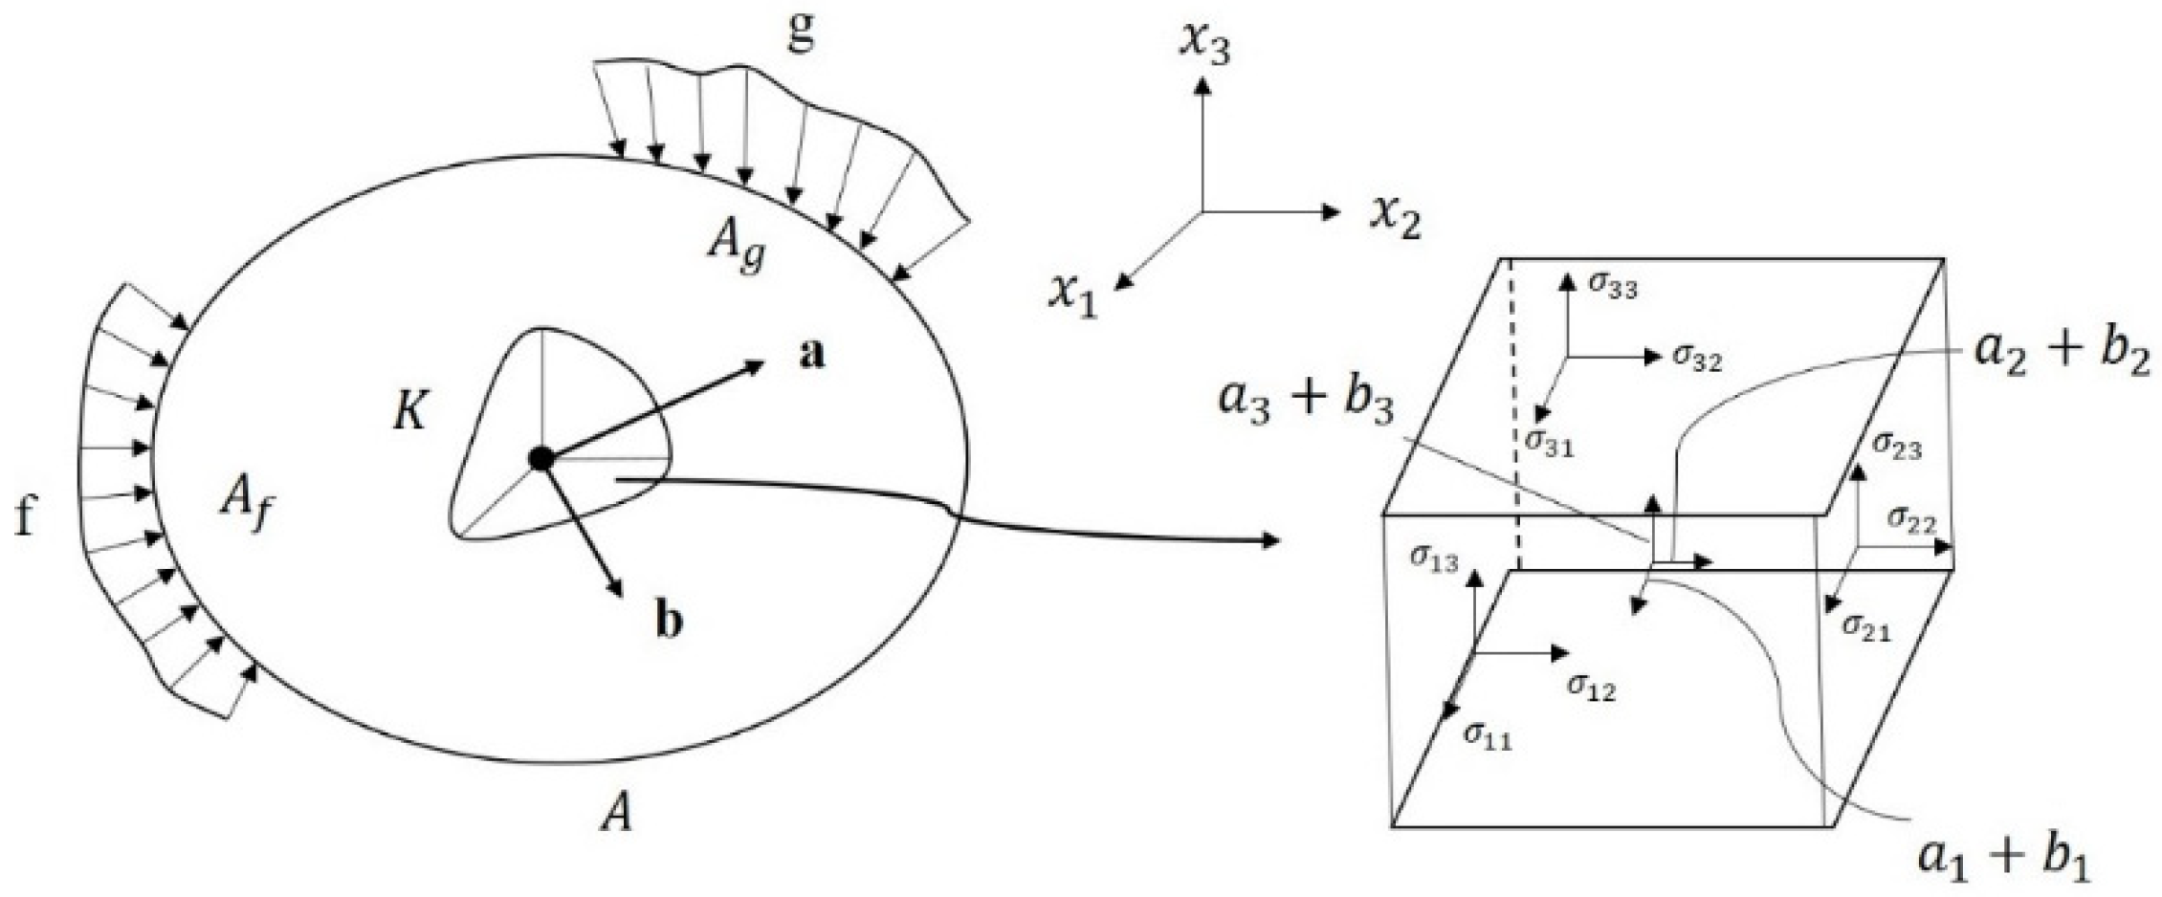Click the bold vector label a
(810, 355)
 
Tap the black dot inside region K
(540, 459)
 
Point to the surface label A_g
(736, 247)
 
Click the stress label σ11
(1488, 735)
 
